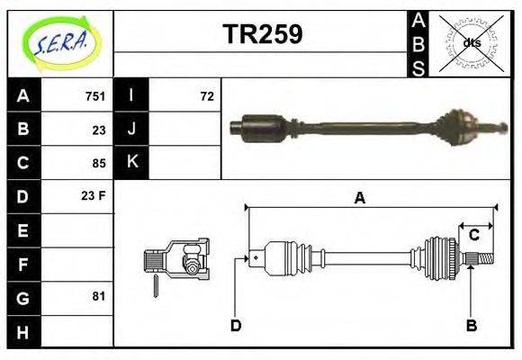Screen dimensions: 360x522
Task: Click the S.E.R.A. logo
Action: (60, 42)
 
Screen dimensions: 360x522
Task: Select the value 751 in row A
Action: (95, 96)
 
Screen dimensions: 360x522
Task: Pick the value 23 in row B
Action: (99, 130)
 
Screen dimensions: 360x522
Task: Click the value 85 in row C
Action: (99, 163)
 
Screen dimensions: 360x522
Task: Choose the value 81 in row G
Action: (99, 296)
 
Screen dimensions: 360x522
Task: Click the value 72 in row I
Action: (207, 96)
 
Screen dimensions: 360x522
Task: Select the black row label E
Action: (22, 230)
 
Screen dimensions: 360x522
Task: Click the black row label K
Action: (131, 162)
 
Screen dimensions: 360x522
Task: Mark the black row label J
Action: (131, 129)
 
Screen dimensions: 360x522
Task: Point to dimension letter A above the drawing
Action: (359, 199)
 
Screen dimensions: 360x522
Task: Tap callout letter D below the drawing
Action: (236, 325)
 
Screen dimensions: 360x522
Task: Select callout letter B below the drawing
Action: (471, 325)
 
